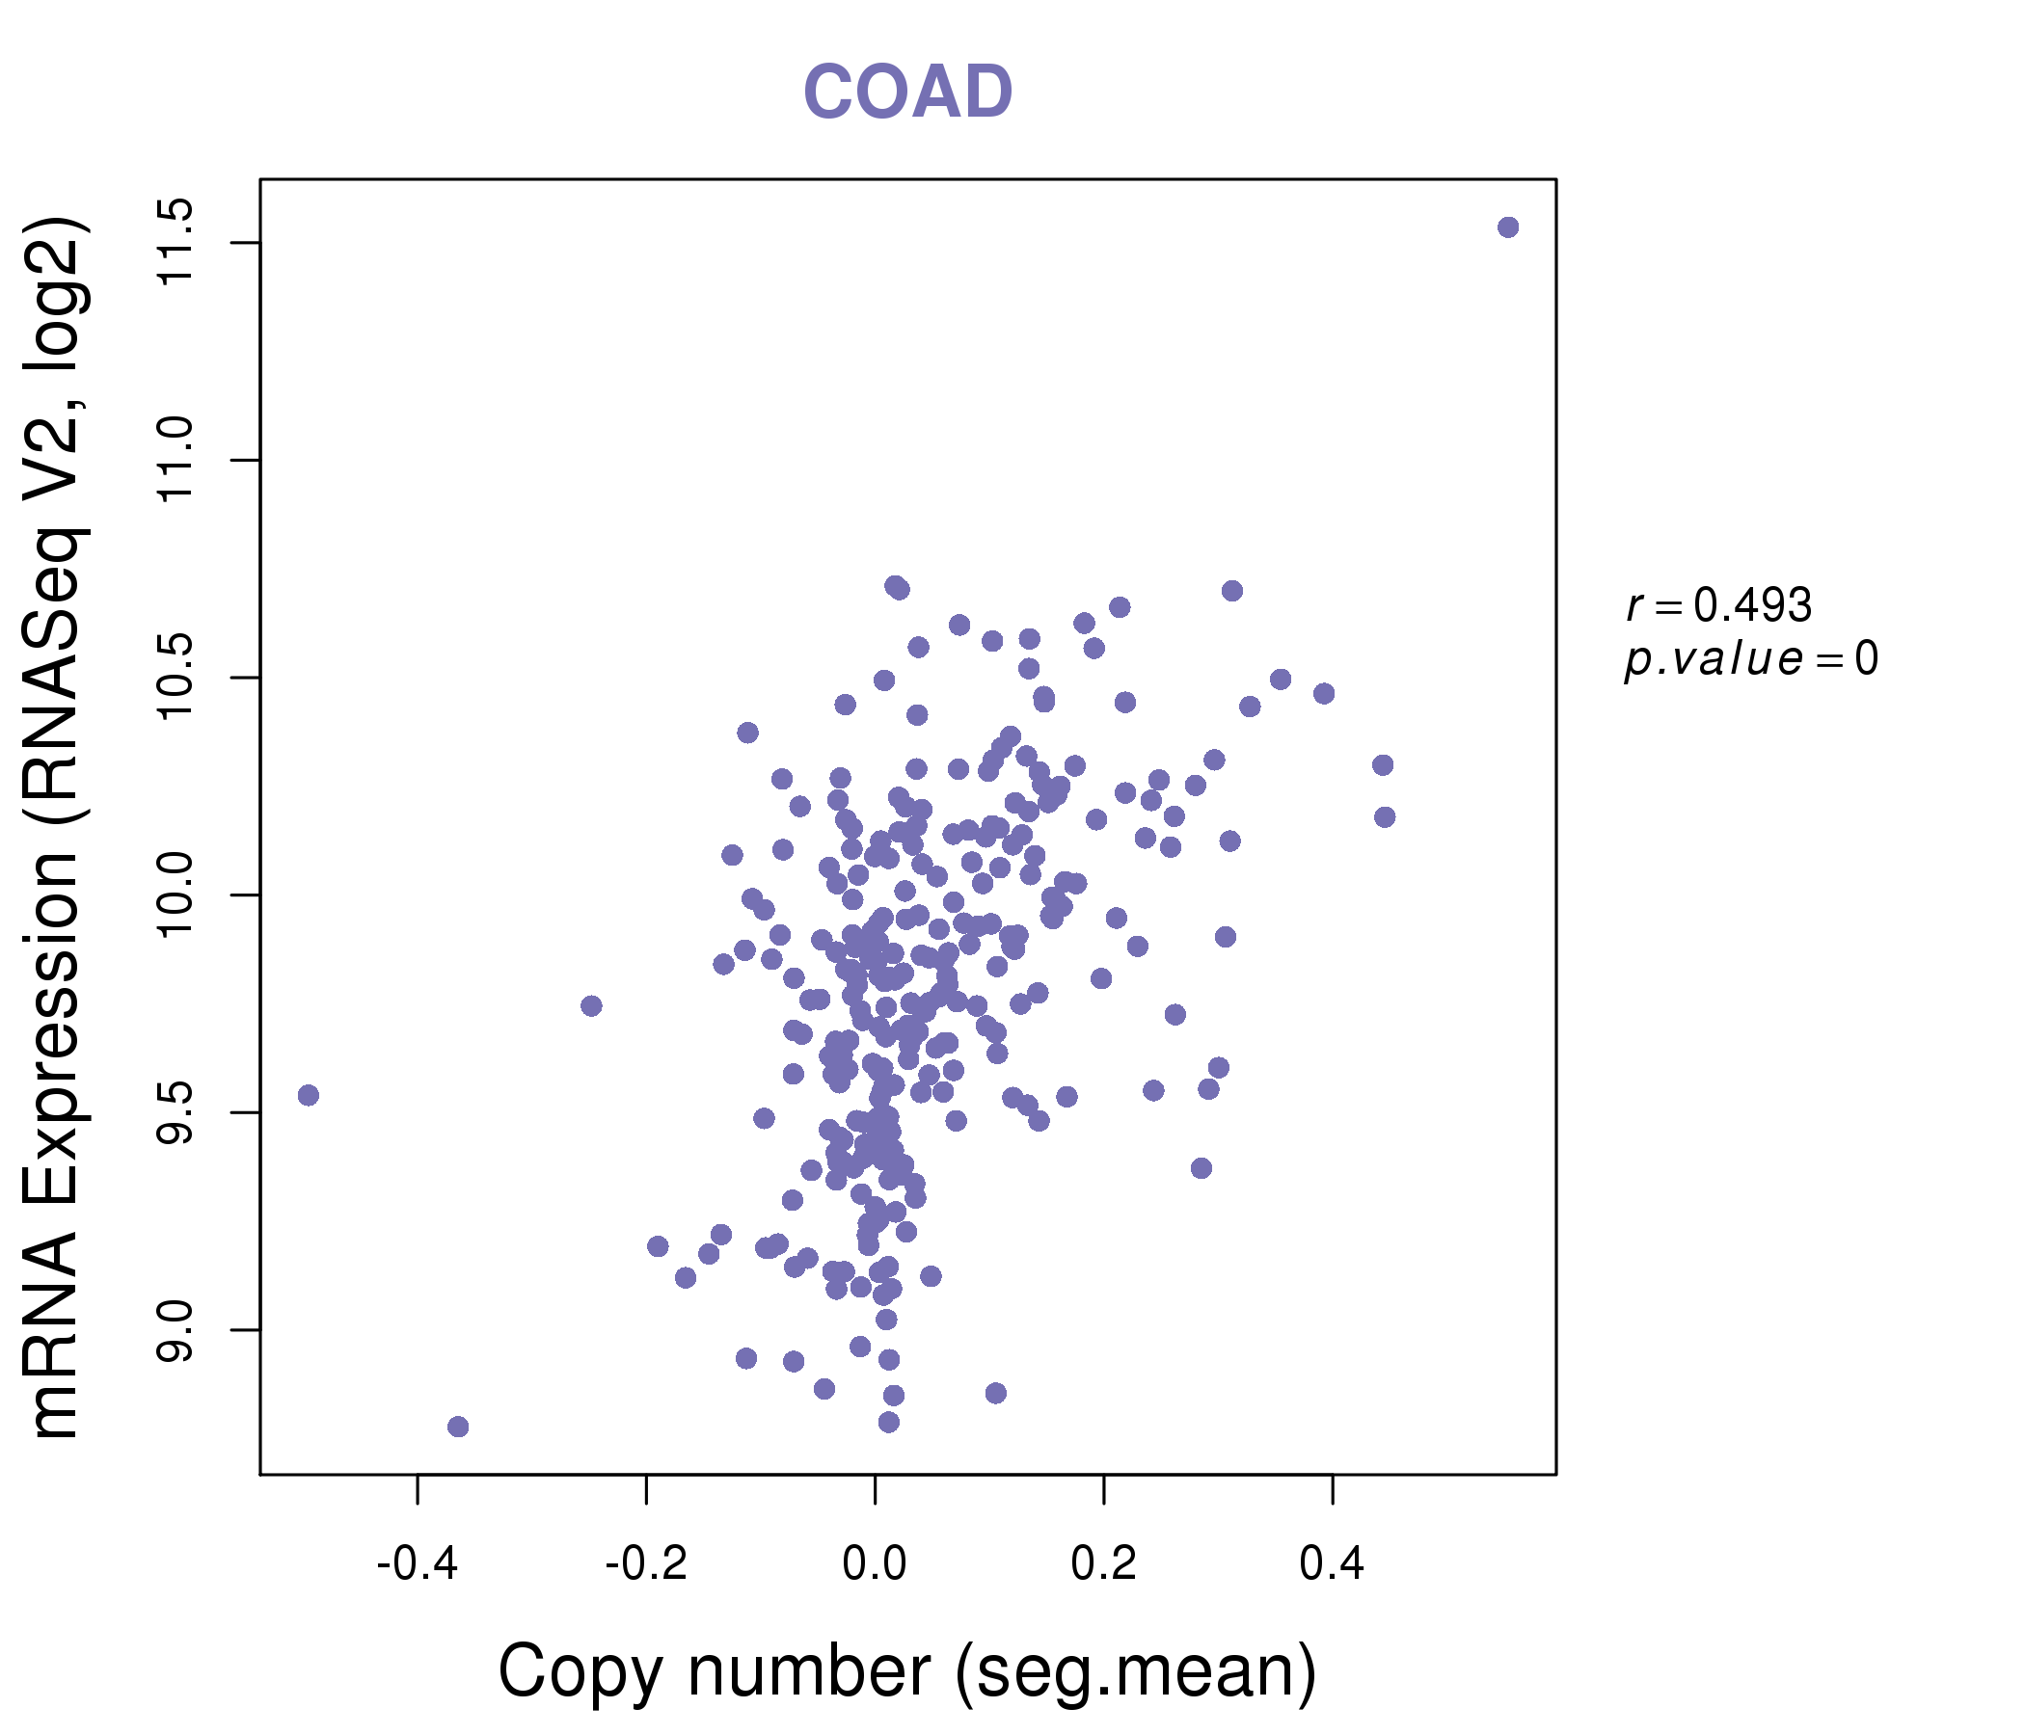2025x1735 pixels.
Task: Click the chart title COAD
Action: point(907,93)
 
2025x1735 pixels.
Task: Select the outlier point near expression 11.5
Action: point(1508,227)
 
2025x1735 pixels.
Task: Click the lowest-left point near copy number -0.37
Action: point(457,1428)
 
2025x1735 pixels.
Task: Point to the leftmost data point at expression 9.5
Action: point(308,1095)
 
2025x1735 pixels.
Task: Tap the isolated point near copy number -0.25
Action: point(591,1006)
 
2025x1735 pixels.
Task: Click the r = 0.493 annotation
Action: point(1718,605)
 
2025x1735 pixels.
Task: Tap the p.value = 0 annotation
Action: point(1750,659)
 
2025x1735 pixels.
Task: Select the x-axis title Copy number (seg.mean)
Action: point(907,1671)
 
